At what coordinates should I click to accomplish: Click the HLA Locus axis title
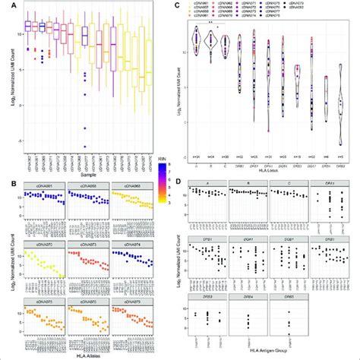click(x=270, y=167)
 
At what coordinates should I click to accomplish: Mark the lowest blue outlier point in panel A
click(x=85, y=145)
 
